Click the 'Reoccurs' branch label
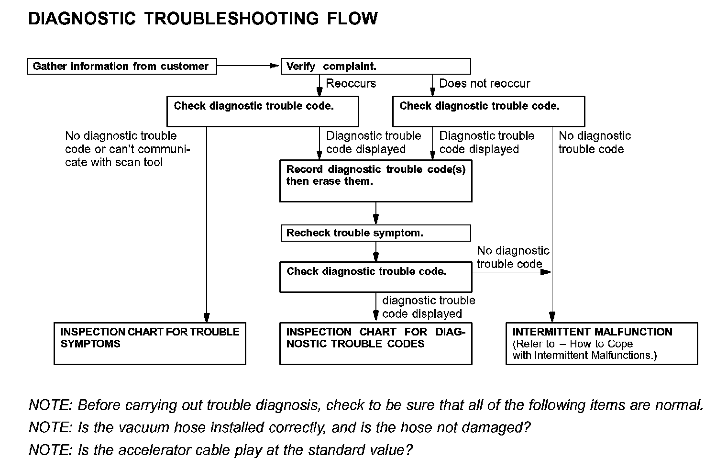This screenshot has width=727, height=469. coord(351,83)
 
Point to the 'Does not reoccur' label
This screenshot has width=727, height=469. coord(485,83)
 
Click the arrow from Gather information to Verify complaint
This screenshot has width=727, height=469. coord(248,66)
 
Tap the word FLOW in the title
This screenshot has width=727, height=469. coord(352,18)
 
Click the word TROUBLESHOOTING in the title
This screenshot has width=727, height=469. coord(231,18)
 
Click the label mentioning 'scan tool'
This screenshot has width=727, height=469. coord(127,149)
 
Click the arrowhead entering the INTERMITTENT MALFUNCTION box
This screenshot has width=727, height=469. coord(552,317)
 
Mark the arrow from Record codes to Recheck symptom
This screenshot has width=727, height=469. coord(376,213)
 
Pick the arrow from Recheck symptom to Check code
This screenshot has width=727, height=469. coord(376,251)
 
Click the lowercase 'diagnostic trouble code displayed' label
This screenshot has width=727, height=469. coord(429,307)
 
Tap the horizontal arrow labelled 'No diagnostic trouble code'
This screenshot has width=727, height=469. coord(511,272)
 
